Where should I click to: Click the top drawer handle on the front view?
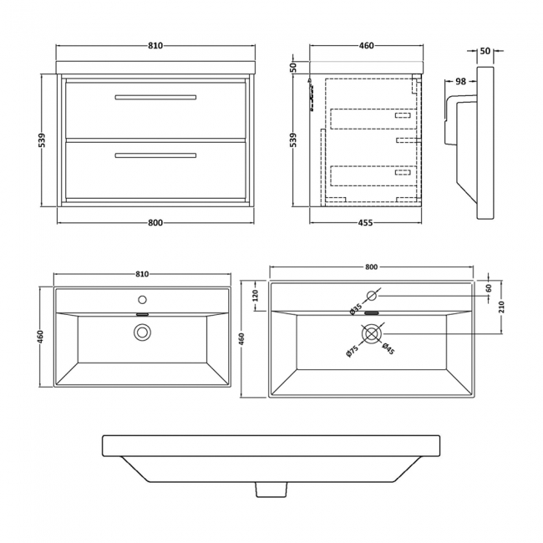[x=155, y=98]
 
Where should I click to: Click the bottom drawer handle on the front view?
[x=155, y=155]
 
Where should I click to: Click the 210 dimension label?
[x=501, y=304]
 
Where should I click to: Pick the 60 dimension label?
[x=489, y=288]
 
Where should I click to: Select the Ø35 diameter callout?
[x=357, y=308]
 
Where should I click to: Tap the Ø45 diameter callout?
[x=388, y=349]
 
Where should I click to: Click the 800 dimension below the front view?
[x=155, y=222]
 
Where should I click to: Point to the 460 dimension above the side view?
[x=366, y=47]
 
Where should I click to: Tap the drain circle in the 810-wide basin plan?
[x=142, y=332]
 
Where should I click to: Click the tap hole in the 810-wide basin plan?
[x=142, y=298]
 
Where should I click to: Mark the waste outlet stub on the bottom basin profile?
[x=271, y=487]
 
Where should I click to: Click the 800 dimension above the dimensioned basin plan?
[x=372, y=266]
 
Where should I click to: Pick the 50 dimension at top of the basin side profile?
[x=485, y=51]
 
